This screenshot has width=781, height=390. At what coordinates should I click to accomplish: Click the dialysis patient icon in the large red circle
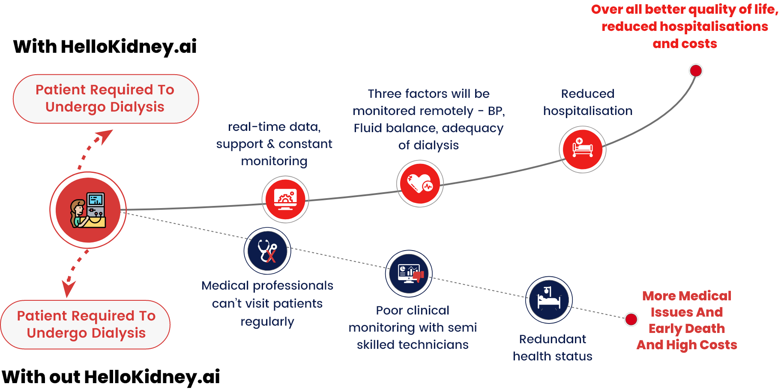pos(88,210)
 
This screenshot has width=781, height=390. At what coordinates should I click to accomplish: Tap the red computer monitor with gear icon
pos(285,200)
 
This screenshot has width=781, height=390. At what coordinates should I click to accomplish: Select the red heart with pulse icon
pos(420,184)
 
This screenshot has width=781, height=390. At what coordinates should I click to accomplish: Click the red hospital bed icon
pos(583,149)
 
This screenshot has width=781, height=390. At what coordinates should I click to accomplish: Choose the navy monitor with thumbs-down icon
pos(409,274)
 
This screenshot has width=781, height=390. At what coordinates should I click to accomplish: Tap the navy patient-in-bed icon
pos(549,299)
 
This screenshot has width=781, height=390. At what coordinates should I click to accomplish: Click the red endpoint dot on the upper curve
pos(696,71)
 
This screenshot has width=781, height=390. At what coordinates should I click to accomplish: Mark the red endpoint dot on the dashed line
pos(631,319)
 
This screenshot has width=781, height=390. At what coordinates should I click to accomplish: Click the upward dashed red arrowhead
pos(105,136)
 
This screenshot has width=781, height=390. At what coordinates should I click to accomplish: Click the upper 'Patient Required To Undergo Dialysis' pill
pos(105,99)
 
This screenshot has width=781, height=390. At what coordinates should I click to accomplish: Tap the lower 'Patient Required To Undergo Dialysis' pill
pos(86,325)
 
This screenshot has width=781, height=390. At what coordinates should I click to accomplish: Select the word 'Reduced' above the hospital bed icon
pos(587,94)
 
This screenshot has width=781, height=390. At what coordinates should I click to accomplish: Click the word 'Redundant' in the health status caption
pos(552,339)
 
